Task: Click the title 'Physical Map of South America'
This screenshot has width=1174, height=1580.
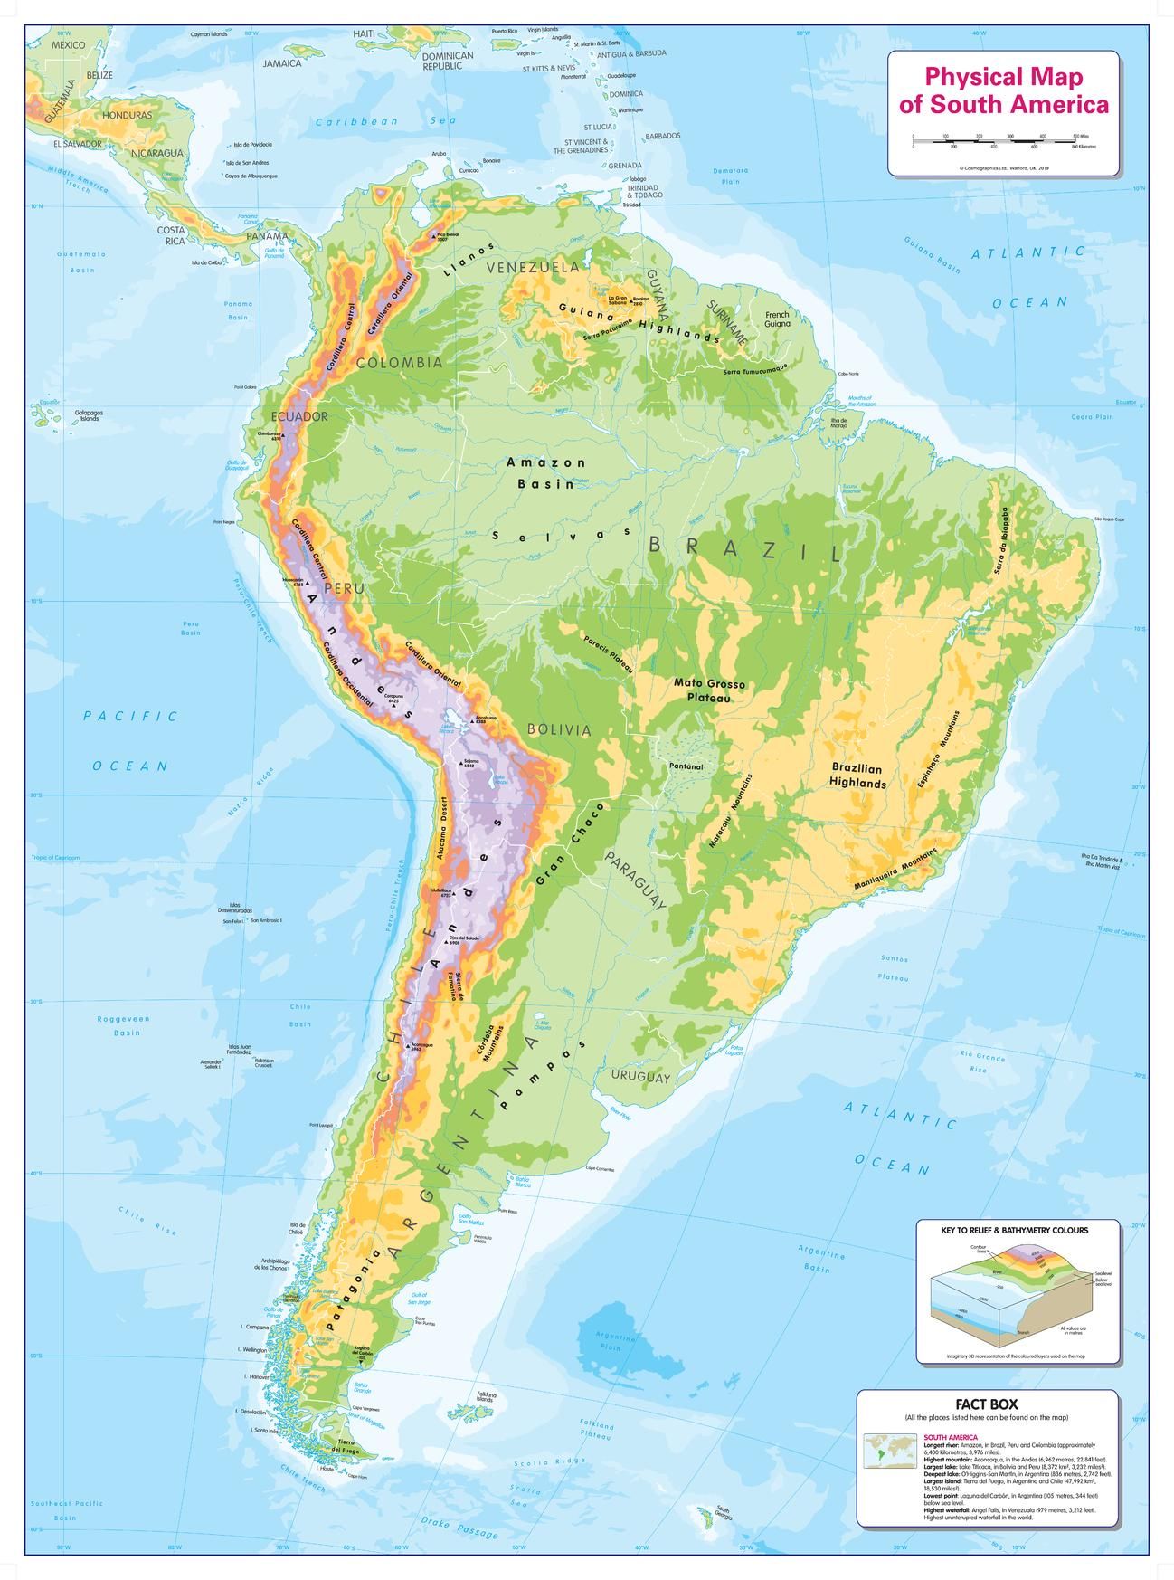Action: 1002,90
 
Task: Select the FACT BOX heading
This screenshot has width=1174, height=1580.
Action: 988,1404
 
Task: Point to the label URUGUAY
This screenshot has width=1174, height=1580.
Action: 640,1077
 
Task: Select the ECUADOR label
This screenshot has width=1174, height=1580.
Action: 299,416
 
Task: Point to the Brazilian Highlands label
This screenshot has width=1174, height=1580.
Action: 858,776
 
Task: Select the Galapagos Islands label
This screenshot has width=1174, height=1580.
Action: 88,416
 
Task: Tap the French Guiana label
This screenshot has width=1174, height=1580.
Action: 776,319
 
